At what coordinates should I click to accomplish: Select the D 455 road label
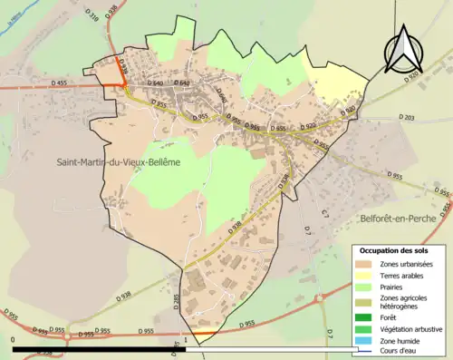[59, 83]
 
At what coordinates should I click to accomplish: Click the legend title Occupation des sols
[394, 250]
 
